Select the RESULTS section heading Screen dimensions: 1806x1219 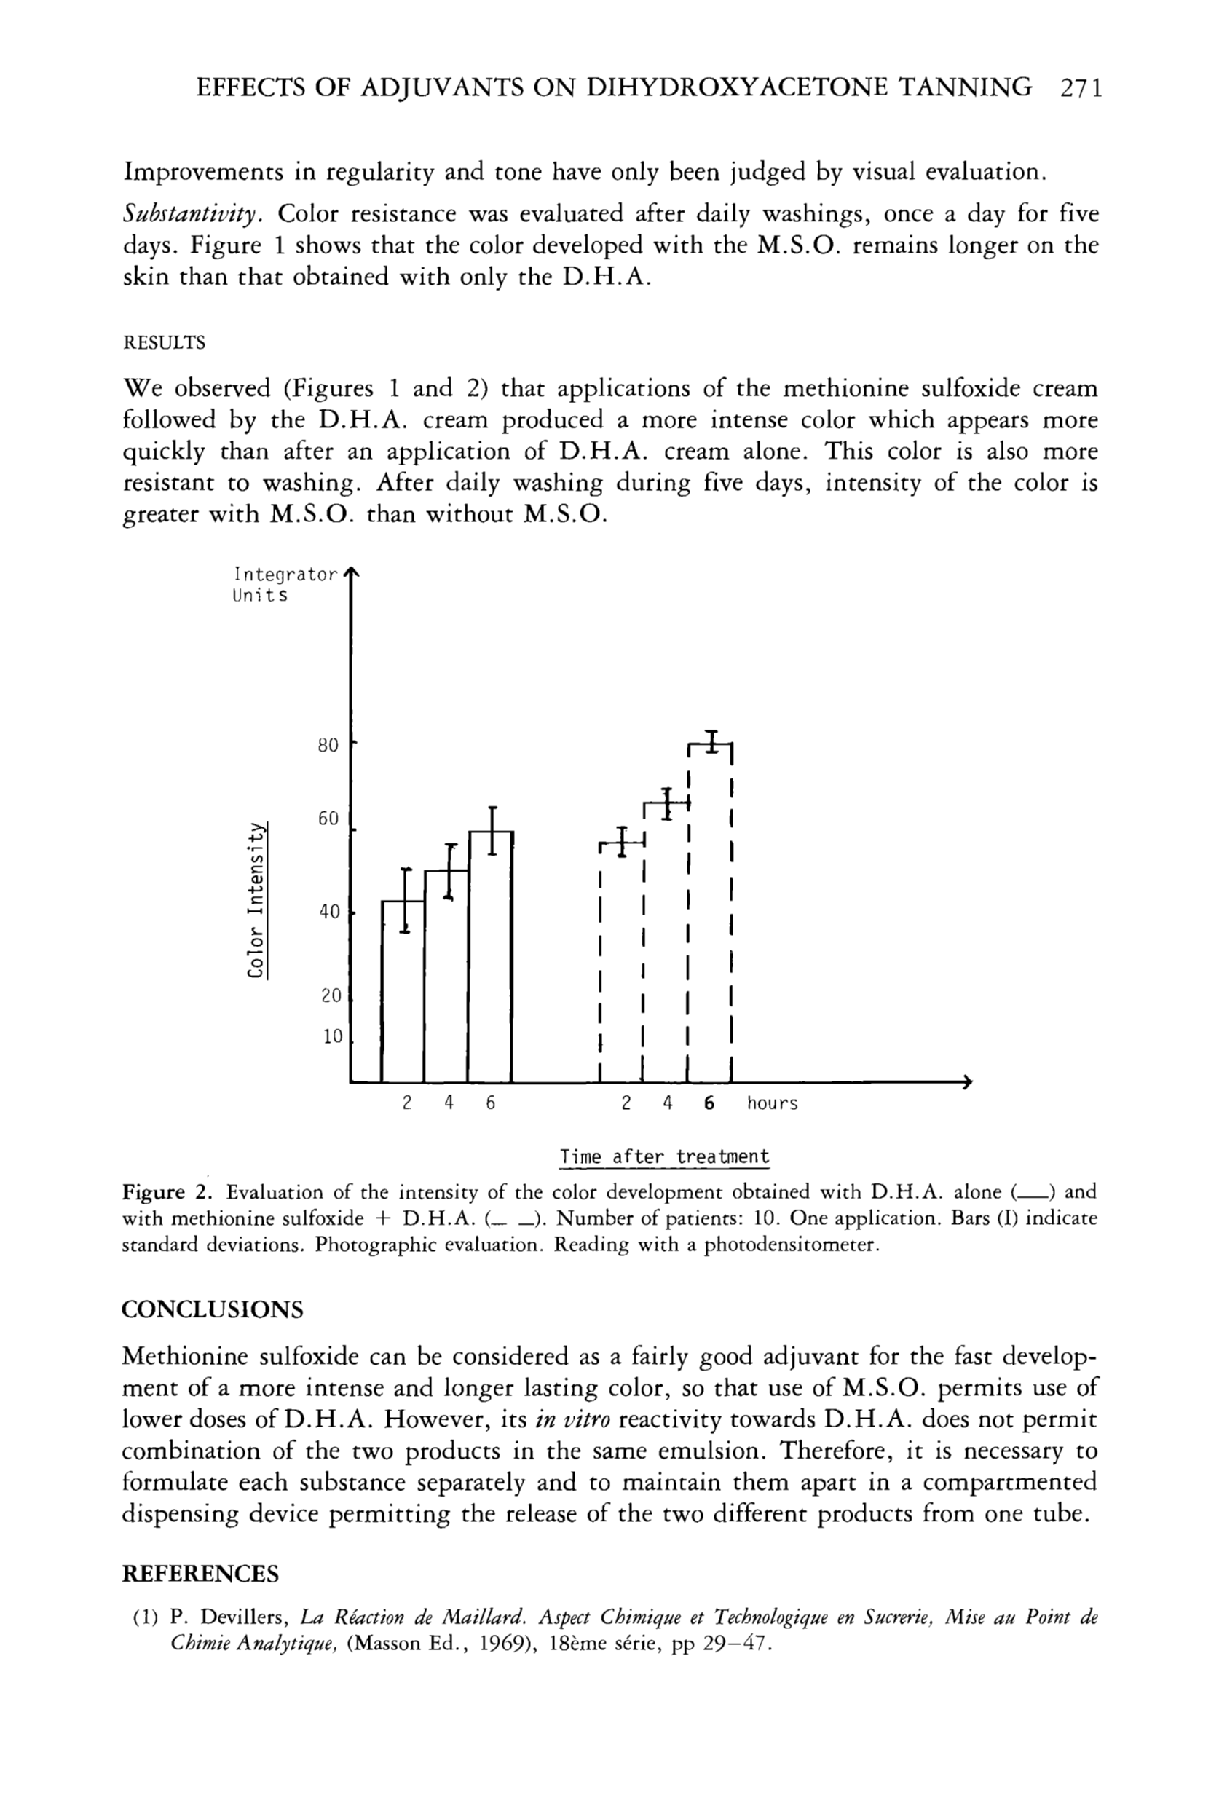(x=164, y=343)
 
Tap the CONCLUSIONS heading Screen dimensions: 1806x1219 (x=212, y=1309)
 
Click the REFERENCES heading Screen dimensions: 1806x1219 (x=200, y=1574)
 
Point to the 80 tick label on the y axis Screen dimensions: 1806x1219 (x=328, y=745)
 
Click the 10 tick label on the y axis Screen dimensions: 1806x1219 (x=333, y=1037)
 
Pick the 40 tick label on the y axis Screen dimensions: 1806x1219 (x=330, y=912)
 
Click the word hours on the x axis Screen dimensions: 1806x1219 (x=773, y=1103)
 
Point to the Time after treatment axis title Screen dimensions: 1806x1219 (x=664, y=1156)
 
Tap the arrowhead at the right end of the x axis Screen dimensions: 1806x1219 (x=967, y=1081)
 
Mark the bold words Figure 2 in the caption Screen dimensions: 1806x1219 (x=165, y=1192)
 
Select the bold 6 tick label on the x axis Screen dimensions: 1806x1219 (x=709, y=1103)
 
